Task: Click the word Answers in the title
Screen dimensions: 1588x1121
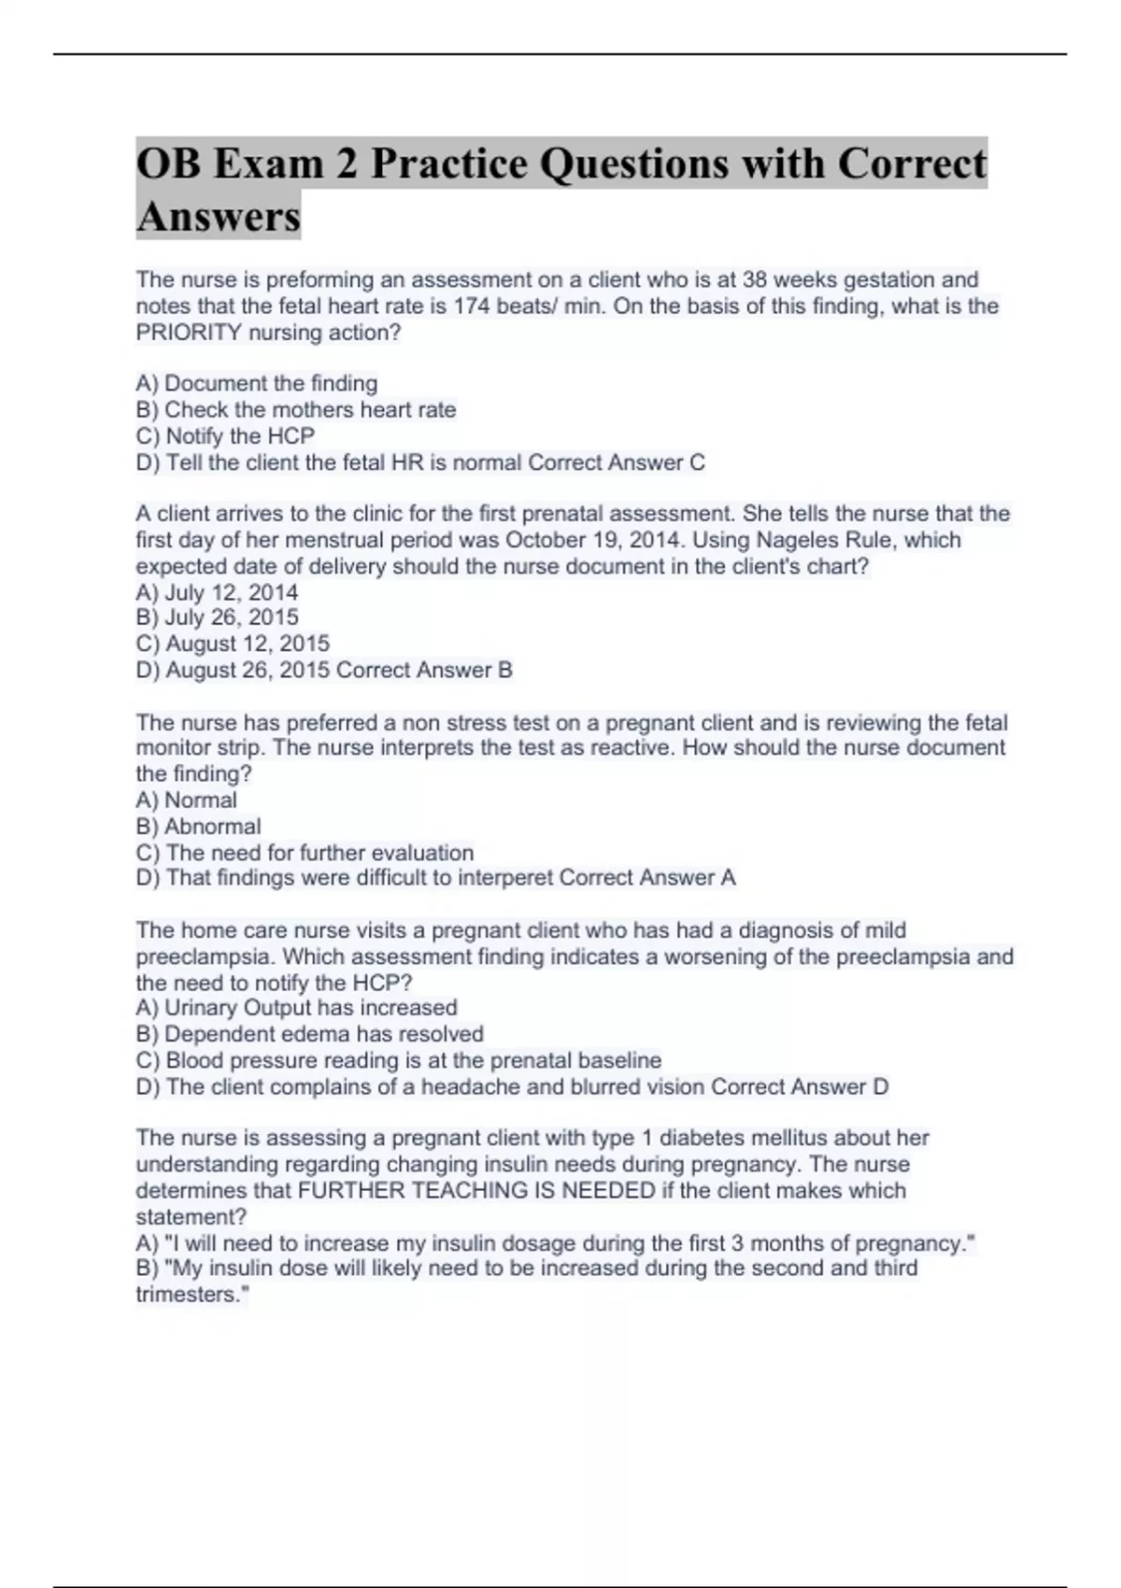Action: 219,217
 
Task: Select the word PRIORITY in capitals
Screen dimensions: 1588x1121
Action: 189,333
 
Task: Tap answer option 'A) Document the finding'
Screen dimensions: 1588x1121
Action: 257,383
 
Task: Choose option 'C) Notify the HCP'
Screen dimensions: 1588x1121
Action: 225,436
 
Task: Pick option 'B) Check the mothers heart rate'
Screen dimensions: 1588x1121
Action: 296,410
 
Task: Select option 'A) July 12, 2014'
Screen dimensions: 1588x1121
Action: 217,592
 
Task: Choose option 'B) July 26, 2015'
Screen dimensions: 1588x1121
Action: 217,617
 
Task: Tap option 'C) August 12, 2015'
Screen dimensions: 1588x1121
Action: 233,644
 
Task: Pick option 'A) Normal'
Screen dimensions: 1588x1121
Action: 186,801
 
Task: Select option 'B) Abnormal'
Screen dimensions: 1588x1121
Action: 198,827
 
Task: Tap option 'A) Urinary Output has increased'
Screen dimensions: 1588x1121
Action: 296,1008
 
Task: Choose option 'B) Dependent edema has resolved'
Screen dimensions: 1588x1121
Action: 309,1034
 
